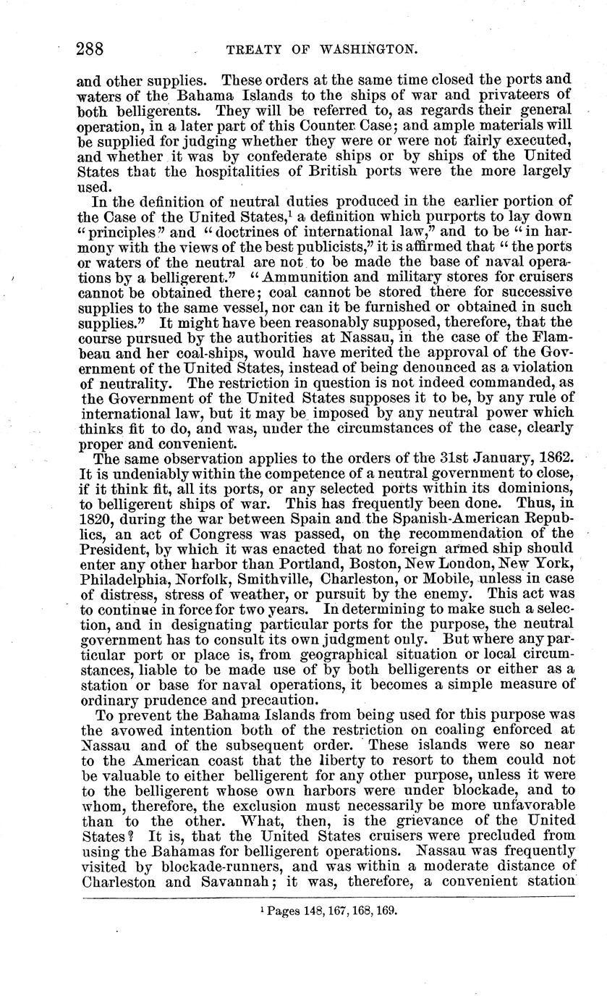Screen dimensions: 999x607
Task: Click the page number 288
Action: click(91, 49)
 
